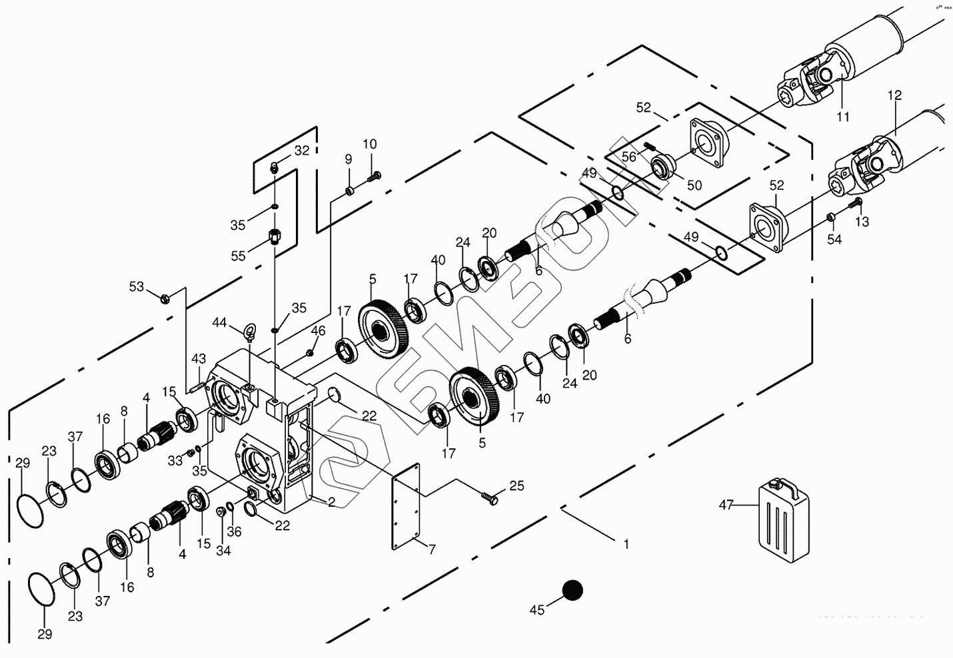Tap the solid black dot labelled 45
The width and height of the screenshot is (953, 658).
pyautogui.click(x=572, y=590)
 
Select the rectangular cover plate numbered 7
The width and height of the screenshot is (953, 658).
pyautogui.click(x=408, y=508)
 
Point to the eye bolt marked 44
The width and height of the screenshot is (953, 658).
pyautogui.click(x=251, y=331)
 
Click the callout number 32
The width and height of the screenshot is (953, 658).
pyautogui.click(x=301, y=151)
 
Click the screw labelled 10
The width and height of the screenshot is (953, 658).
pyautogui.click(x=375, y=176)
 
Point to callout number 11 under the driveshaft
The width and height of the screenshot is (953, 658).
pyautogui.click(x=843, y=117)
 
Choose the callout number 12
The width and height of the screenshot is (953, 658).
pyautogui.click(x=894, y=96)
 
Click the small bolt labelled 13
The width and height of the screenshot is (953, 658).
pyautogui.click(x=858, y=202)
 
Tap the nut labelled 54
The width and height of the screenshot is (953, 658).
pyautogui.click(x=831, y=217)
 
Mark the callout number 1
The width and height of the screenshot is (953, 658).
pyautogui.click(x=626, y=544)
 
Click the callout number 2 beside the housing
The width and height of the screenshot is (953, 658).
pyautogui.click(x=331, y=501)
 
